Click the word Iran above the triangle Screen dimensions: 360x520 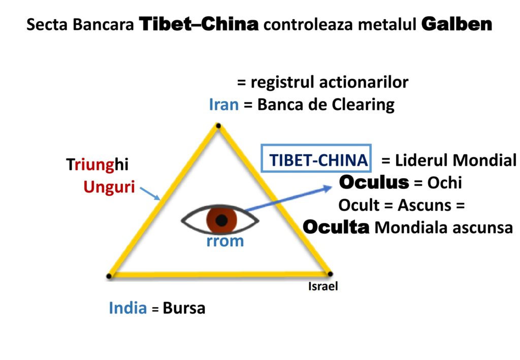click(223, 105)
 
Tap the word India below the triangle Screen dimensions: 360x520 click(127, 308)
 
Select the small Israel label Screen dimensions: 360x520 click(323, 287)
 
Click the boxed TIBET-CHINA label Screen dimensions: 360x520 click(318, 160)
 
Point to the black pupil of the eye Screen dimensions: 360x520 click(221, 220)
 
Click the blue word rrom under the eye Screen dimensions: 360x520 click(225, 241)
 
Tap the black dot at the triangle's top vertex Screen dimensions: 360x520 click(218, 125)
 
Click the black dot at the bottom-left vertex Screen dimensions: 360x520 click(109, 276)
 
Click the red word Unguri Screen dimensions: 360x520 click(109, 187)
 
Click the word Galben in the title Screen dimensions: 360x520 click(457, 24)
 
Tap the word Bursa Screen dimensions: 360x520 click(184, 308)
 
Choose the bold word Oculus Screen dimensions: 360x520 click(373, 182)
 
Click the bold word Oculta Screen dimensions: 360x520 click(336, 227)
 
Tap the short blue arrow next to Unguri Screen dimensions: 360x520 click(150, 193)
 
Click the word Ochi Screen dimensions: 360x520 click(445, 182)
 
